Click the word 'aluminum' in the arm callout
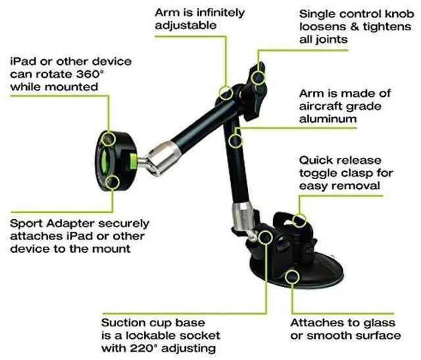[328, 119]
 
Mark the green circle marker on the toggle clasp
[300, 220]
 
